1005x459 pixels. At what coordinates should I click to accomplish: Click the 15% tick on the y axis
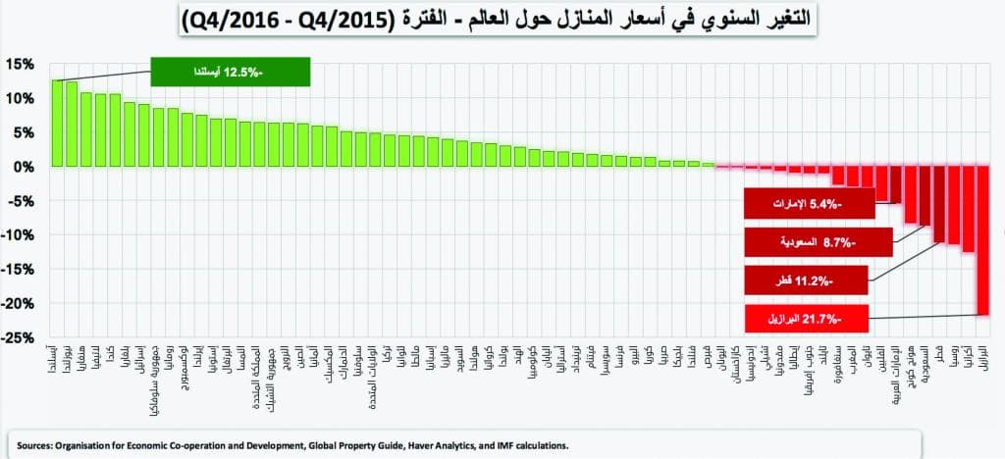(x=21, y=64)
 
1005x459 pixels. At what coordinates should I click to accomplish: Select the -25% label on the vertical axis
(x=19, y=338)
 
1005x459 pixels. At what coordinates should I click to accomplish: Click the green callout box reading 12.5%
(x=231, y=72)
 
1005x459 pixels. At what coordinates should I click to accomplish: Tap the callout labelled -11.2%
(x=806, y=280)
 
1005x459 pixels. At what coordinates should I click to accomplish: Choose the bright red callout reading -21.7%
(x=806, y=318)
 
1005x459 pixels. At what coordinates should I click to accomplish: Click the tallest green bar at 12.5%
(x=58, y=123)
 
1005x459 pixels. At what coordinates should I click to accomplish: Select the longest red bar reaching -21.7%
(x=982, y=240)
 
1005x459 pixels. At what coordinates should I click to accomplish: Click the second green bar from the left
(x=72, y=124)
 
